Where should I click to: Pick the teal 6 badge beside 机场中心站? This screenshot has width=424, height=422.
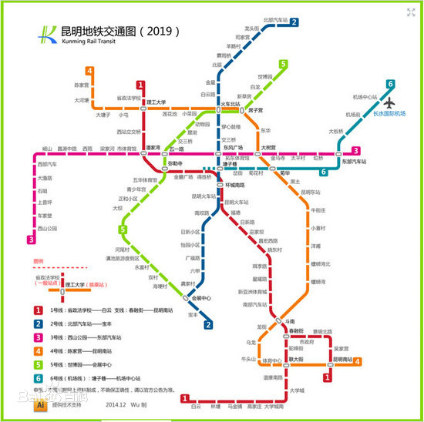coord(391,84)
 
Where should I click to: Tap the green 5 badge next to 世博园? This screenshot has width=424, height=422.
coord(283,64)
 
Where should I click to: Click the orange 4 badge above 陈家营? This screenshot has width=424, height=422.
coord(90,72)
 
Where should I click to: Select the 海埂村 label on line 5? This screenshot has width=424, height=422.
coord(160,286)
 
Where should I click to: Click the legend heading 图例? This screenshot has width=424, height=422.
coord(39,261)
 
